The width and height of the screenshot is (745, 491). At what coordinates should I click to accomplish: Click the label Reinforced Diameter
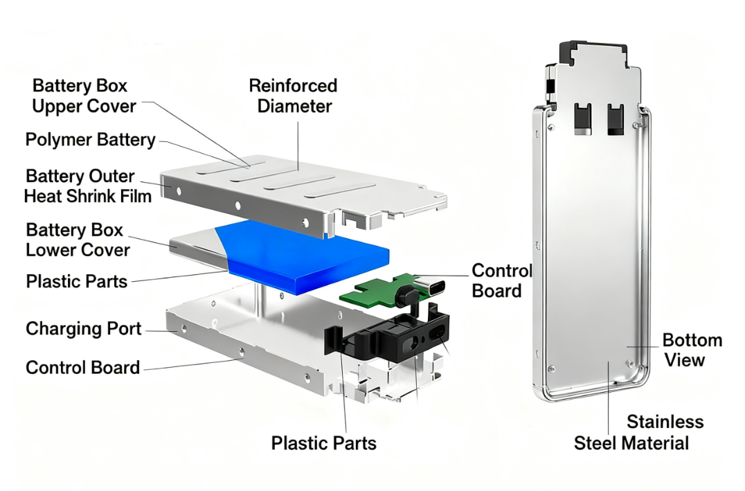pyautogui.click(x=293, y=96)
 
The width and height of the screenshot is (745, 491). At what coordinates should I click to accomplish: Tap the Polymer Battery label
pyautogui.click(x=90, y=140)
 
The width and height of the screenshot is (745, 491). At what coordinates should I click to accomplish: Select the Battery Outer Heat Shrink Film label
pyautogui.click(x=88, y=186)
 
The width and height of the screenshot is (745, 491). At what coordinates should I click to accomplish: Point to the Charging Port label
pyautogui.click(x=83, y=328)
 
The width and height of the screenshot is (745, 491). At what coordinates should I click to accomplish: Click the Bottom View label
pyautogui.click(x=692, y=350)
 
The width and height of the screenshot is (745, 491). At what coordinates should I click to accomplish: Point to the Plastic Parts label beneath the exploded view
pyautogui.click(x=323, y=443)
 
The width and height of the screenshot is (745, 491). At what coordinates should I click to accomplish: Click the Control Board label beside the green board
pyautogui.click(x=501, y=280)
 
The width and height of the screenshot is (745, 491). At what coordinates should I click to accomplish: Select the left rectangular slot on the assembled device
pyautogui.click(x=582, y=118)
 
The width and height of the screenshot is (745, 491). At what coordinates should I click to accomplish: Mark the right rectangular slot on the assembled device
pyautogui.click(x=615, y=118)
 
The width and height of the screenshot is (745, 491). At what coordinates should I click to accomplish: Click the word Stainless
pyautogui.click(x=665, y=422)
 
